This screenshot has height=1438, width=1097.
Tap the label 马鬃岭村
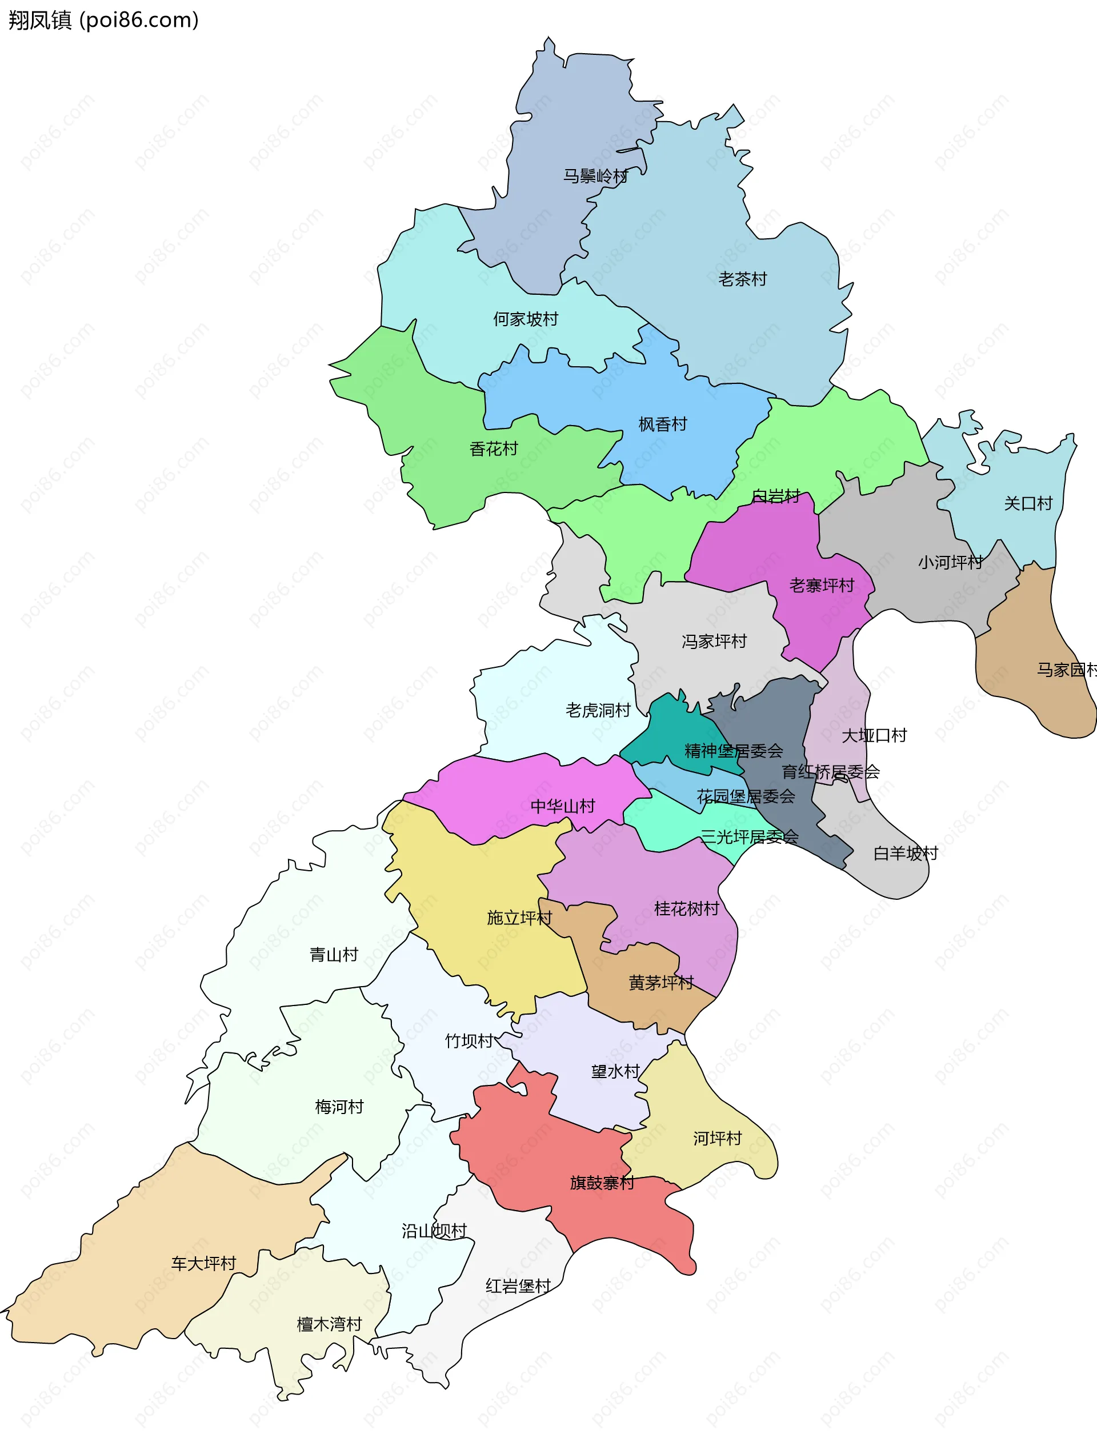pos(595,176)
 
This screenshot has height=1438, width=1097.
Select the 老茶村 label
pos(742,279)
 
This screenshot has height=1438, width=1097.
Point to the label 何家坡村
pos(526,319)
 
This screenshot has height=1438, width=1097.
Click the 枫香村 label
pos(663,424)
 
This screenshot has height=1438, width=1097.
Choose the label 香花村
pos(494,449)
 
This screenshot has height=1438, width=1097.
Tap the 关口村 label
pos(1028,503)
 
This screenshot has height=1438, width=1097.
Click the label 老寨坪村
pos(822,586)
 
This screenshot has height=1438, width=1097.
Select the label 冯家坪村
pos(714,642)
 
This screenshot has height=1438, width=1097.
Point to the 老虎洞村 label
pos(598,710)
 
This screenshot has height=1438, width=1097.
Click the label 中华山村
pos(563,806)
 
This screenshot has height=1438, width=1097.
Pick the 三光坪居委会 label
pos(750,837)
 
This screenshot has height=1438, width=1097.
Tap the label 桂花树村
pos(686,908)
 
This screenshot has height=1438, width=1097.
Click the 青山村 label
pos(334,955)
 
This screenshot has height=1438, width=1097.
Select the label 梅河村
pos(339,1107)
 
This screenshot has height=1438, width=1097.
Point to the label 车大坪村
pos(203,1264)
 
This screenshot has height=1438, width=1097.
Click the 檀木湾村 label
pos(329,1324)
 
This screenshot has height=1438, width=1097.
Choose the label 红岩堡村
pos(518,1286)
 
